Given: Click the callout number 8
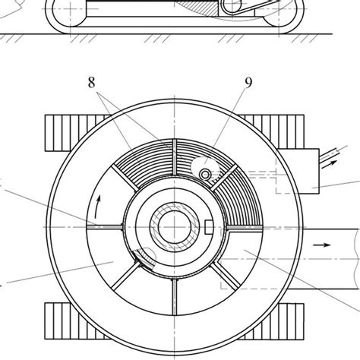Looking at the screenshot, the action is tap(92, 83).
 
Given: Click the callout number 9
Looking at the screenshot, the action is tap(248, 83).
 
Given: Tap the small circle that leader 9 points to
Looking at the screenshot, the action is tap(205, 175).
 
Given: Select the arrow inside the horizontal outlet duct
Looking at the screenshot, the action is tap(322, 245).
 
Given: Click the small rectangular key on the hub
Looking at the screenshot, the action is tap(209, 227).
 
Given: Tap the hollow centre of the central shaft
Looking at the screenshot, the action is tap(174, 227).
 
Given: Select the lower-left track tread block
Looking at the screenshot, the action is tap(76, 321).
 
